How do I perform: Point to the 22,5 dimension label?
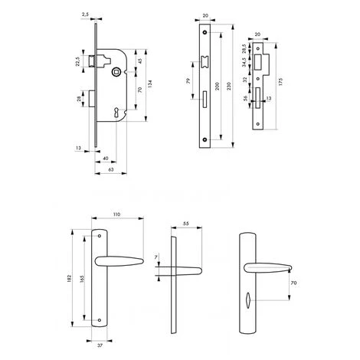(77, 61)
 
